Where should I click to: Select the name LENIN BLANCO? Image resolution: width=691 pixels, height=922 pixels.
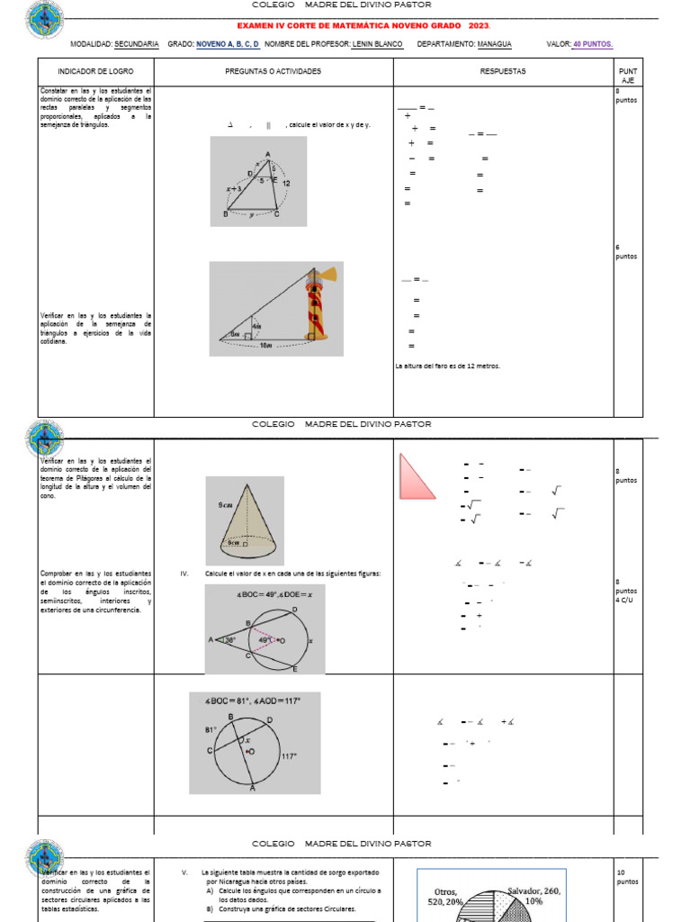coord(377,43)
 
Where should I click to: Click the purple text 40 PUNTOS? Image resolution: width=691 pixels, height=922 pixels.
coord(593,43)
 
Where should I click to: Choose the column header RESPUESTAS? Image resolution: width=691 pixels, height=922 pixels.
coord(503,71)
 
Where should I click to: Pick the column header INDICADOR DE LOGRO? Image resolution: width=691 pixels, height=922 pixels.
coord(94,71)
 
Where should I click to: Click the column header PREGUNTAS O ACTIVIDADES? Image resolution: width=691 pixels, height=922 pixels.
coord(273,71)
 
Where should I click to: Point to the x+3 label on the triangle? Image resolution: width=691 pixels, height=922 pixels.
coord(234,189)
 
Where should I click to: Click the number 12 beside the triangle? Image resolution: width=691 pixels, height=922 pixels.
coord(286,183)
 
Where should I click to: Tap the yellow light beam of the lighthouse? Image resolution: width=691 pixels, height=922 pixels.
coord(328,274)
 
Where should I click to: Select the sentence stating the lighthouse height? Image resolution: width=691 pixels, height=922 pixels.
coord(448,366)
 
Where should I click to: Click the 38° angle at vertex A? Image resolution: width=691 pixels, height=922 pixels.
coord(230,640)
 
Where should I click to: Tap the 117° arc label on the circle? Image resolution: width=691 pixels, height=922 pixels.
coord(288,756)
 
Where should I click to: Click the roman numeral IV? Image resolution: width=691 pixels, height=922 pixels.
coord(184,574)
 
